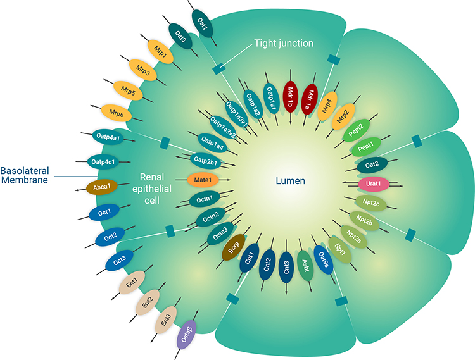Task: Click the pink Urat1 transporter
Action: click(x=372, y=183)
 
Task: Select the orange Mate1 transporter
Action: click(x=203, y=180)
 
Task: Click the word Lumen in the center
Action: click(x=290, y=181)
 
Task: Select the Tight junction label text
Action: click(x=284, y=43)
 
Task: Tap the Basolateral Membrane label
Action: click(x=26, y=176)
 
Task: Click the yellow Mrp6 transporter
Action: click(x=117, y=113)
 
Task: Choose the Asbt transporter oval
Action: click(x=305, y=266)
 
